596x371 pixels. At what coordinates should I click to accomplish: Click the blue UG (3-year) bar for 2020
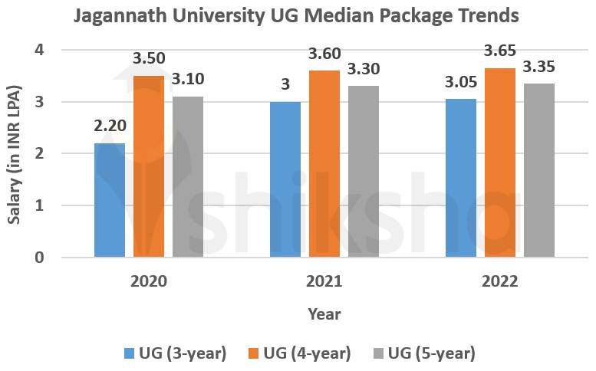coord(110,200)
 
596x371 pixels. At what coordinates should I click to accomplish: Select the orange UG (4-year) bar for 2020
coord(149,166)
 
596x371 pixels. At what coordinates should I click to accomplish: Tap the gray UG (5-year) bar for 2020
coord(188,176)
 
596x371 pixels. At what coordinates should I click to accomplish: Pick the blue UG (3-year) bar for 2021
coord(285,179)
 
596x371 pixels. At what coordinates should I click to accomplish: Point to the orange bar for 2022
coord(499,163)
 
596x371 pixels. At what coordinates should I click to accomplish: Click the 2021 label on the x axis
coord(324,281)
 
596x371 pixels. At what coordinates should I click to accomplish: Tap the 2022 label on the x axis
coord(499,281)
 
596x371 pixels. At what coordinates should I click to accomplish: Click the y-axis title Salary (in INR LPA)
coord(15,155)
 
